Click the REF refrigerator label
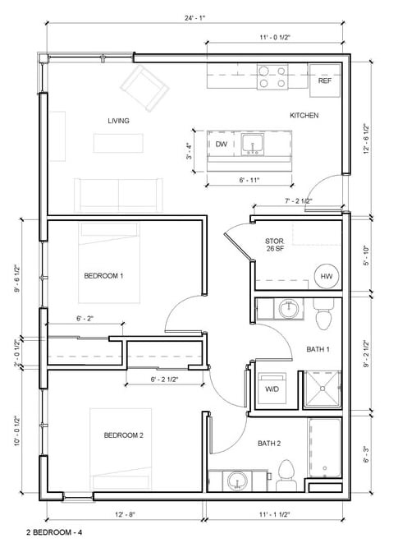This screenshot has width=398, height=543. [325, 81]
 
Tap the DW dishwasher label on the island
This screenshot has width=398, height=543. [221, 144]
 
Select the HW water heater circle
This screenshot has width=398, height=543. [327, 276]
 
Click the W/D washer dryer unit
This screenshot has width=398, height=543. [272, 389]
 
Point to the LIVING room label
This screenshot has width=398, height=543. [118, 121]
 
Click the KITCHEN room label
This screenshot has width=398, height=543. [304, 115]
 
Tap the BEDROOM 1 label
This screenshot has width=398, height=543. [103, 276]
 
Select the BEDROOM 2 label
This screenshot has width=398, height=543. [124, 435]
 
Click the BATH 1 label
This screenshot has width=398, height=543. [318, 349]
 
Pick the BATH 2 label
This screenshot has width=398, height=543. [269, 444]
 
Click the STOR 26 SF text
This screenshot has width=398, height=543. [275, 245]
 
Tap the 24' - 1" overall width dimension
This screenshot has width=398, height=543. [194, 18]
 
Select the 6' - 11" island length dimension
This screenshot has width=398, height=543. [249, 180]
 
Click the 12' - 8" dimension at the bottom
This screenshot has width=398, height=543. [125, 514]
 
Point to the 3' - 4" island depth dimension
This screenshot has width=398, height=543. [189, 150]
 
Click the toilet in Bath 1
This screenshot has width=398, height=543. [323, 315]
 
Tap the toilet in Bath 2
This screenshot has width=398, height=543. [286, 475]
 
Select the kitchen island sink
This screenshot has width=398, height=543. [252, 145]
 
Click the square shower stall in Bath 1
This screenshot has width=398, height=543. [323, 389]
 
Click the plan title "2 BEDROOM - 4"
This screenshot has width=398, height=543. [54, 532]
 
